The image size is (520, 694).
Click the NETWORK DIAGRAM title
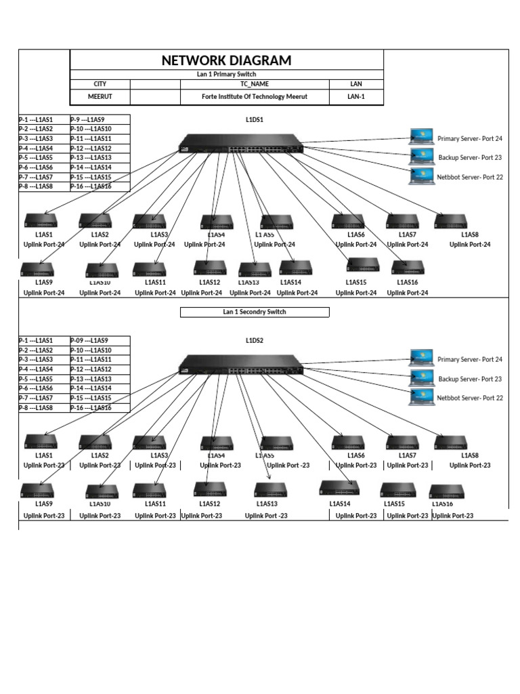click(226, 60)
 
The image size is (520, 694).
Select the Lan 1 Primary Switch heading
click(226, 74)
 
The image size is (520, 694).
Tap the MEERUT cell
click(100, 97)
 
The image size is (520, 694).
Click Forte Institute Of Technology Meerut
click(255, 97)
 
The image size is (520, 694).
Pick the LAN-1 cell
click(355, 97)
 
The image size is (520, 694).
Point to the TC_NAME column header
click(255, 84)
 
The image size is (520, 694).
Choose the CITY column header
click(100, 84)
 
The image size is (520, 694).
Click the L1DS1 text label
click(255, 120)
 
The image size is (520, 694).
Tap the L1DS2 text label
click(255, 341)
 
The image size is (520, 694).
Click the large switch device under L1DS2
click(240, 365)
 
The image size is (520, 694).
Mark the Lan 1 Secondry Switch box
click(255, 312)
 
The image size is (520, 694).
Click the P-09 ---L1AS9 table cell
click(100, 341)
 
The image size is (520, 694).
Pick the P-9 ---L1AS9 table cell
click(100, 119)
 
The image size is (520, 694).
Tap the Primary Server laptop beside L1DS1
click(421, 138)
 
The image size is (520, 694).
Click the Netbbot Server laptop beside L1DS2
click(421, 397)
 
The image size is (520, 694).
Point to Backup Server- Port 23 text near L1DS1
click(470, 158)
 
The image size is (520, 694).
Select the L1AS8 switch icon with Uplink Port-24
click(450, 221)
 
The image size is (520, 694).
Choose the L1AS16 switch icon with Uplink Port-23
click(446, 491)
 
